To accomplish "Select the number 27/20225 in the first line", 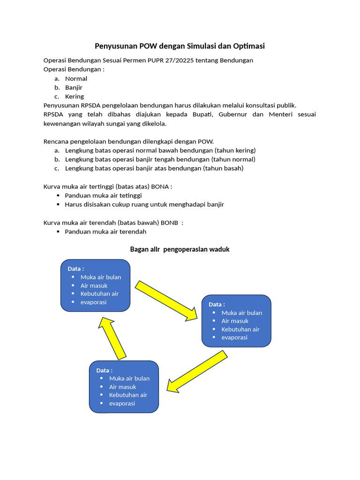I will tap(180, 60).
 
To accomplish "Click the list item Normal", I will tap(76, 79).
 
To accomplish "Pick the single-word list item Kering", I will tap(75, 97).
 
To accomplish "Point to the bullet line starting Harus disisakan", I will tap(144, 204).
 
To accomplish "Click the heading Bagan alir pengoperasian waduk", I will tap(180, 249).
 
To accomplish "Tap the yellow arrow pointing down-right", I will tap(167, 301).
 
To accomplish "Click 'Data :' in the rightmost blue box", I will tap(217, 304).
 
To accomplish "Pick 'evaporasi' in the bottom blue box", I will tap(122, 404).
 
